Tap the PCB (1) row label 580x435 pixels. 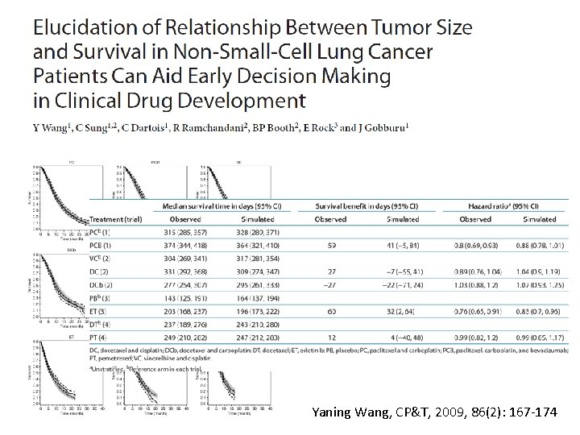[x=101, y=245]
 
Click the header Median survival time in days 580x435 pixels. [x=218, y=206]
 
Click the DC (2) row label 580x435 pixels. [x=99, y=271]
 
